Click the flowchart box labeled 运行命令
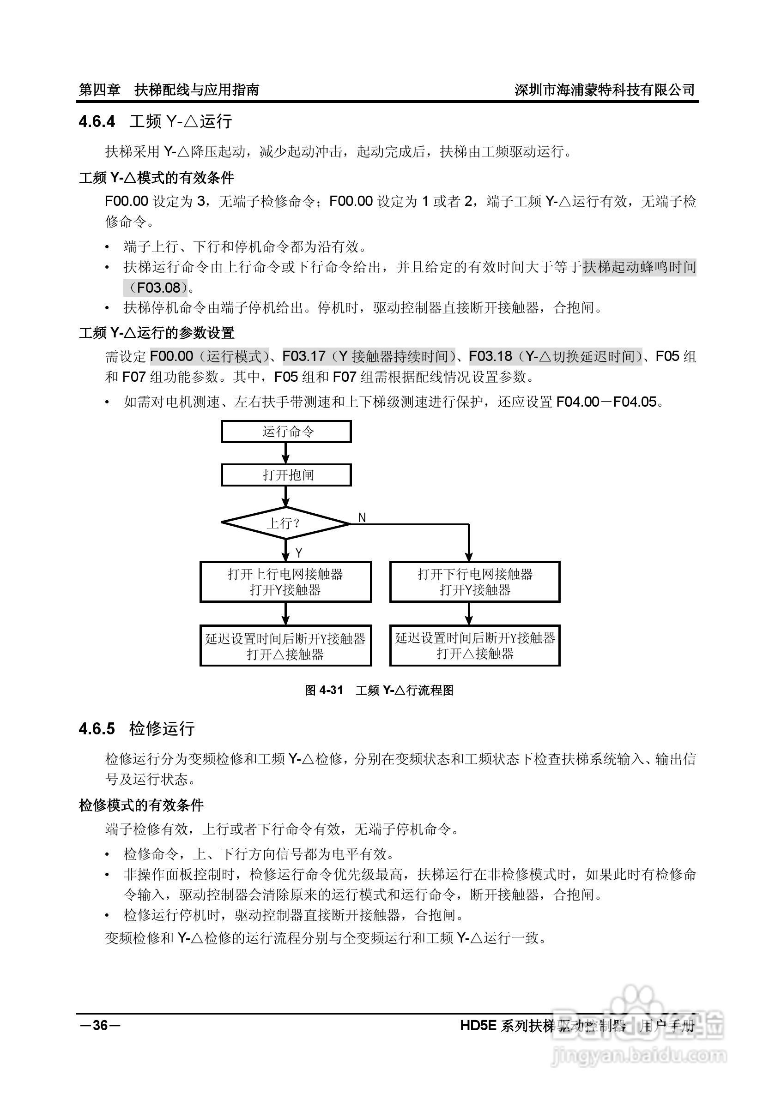pos(286,432)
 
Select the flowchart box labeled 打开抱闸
pos(286,475)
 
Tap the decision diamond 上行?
pos(286,523)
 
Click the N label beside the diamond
pos(362,517)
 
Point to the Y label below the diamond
pos(299,553)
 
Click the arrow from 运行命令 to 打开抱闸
pos(286,453)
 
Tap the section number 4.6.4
pos(97,121)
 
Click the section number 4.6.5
pos(97,728)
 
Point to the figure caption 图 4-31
pos(324,690)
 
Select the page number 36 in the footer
pos(100,1025)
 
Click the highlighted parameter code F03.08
pos(158,288)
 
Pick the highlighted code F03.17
pos(304,356)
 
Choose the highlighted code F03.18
pos(490,356)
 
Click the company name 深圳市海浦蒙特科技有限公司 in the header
pos(605,90)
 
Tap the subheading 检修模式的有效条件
pos(141,805)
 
